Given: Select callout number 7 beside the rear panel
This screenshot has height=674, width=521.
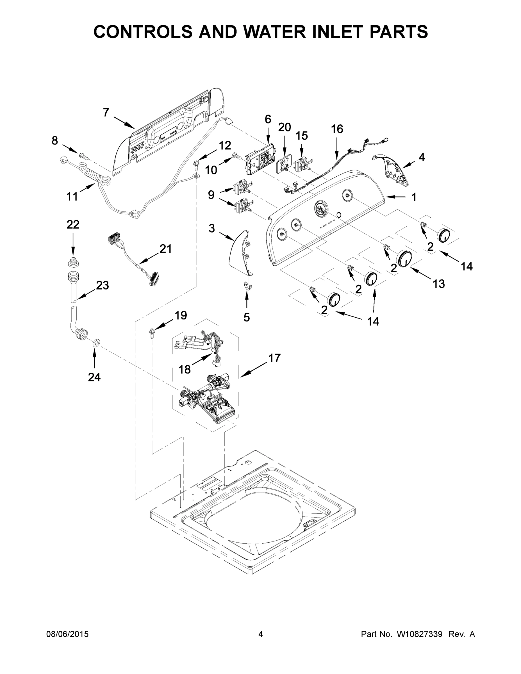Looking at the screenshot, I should pyautogui.click(x=106, y=113).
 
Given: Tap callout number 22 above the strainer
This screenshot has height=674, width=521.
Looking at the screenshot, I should pyautogui.click(x=73, y=225).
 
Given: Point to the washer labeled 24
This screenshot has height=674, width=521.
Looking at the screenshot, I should pyautogui.click(x=95, y=343).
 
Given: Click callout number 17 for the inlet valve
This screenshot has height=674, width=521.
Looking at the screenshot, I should pyautogui.click(x=274, y=358).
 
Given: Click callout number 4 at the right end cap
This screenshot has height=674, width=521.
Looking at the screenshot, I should pyautogui.click(x=422, y=157).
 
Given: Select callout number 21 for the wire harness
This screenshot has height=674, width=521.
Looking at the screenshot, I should pyautogui.click(x=165, y=249).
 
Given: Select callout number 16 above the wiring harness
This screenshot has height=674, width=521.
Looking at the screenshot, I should pyautogui.click(x=337, y=129).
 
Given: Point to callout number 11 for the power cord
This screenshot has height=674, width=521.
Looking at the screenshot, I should pyautogui.click(x=72, y=196).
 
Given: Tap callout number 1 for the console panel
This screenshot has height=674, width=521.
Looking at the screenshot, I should pyautogui.click(x=414, y=197).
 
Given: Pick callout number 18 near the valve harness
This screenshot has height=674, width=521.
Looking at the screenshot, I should pyautogui.click(x=185, y=369).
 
